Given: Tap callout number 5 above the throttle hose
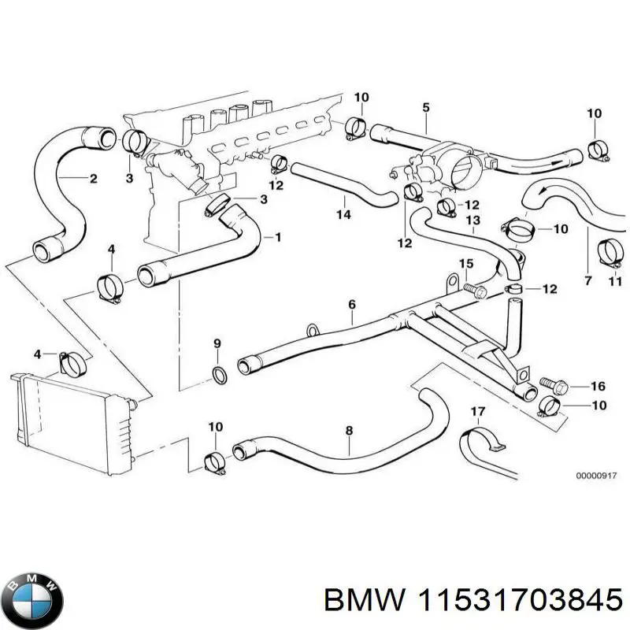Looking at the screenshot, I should pos(426,107).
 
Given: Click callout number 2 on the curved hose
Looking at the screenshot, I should pos(93,179).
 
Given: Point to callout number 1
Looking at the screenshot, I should pos(276,235).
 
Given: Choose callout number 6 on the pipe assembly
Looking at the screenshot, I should pos(351,304).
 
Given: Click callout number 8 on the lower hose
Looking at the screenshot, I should pos(349,431).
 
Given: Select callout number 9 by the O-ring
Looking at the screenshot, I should pos(217,343).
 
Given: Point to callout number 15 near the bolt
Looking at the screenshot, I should pos(466,263).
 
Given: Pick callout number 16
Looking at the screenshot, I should pos(598,386).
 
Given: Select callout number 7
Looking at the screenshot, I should pos(587,280).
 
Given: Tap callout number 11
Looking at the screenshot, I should pos(616,280).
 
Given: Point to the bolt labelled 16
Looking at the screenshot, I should pos(551,384).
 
